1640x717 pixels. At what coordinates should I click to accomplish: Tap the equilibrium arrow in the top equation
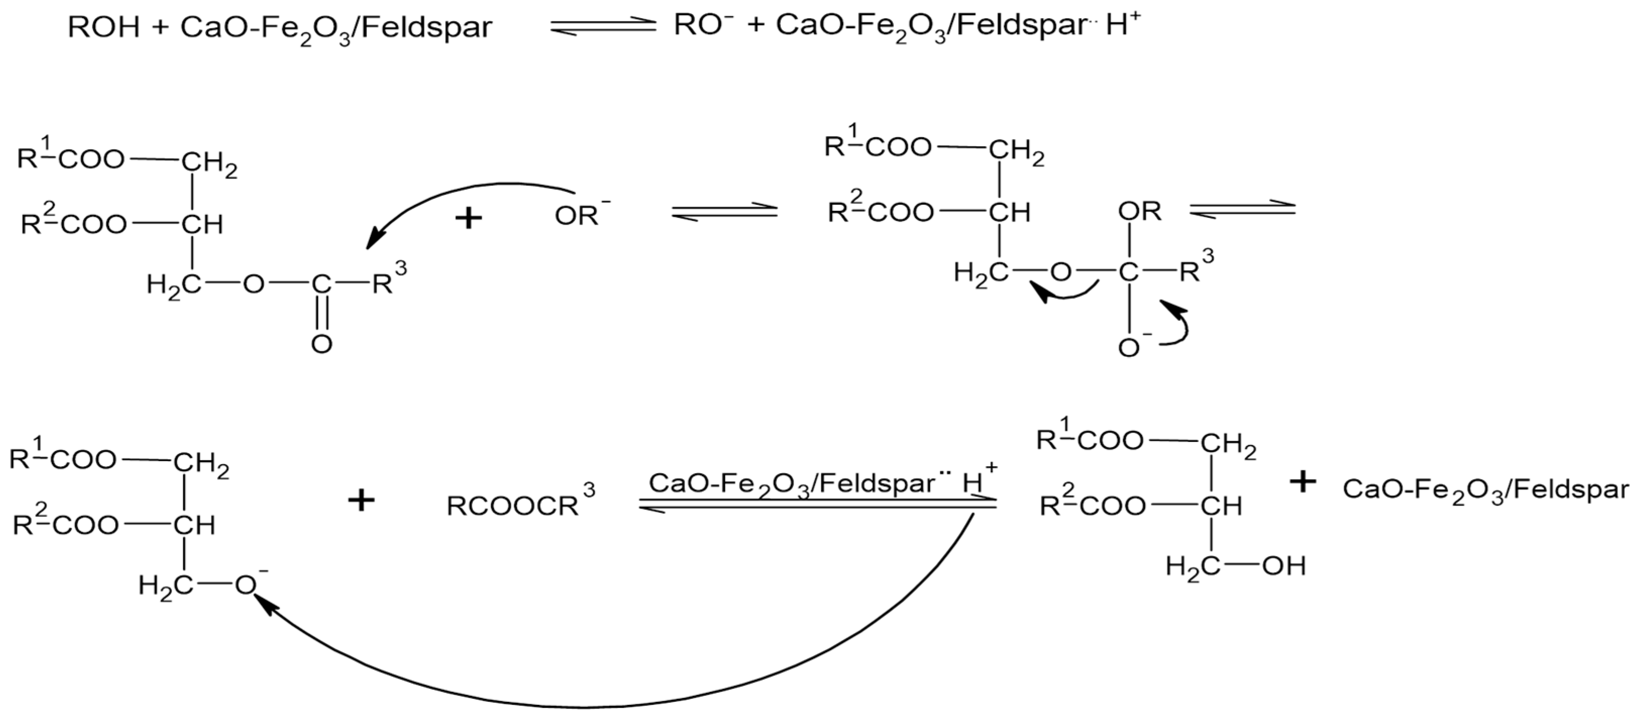coord(602,27)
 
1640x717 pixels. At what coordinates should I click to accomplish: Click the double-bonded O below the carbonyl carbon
coord(322,344)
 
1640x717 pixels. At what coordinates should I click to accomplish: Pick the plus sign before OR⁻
coord(469,218)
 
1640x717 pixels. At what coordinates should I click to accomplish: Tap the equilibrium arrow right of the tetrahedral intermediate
coord(1241,210)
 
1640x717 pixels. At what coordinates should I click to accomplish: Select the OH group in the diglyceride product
coord(1284,566)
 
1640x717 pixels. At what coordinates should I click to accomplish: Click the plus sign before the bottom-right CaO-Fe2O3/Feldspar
coord(1303,482)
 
